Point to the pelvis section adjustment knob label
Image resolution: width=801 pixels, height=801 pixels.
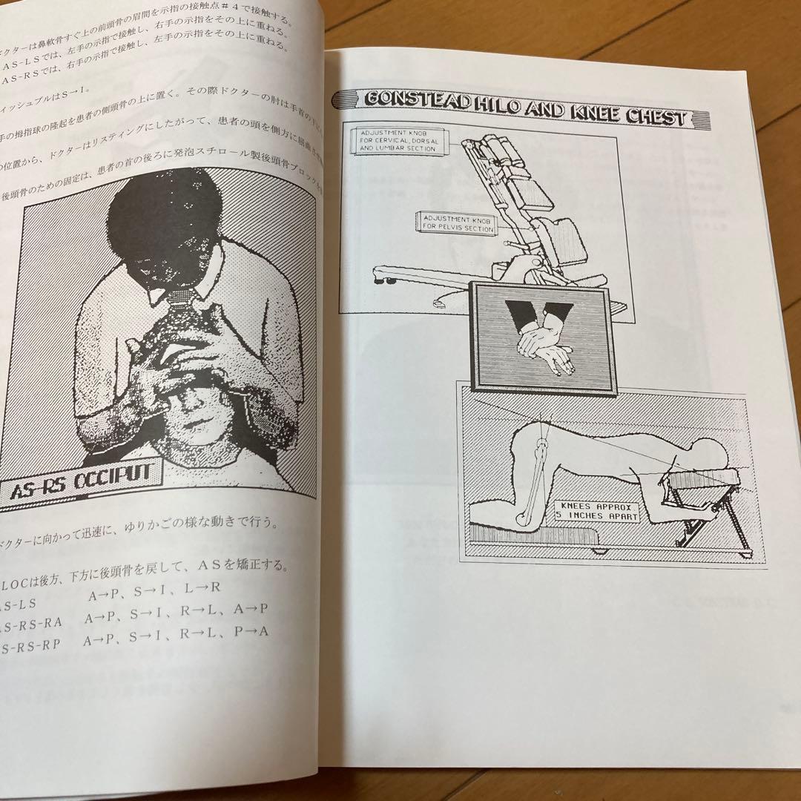(x=456, y=222)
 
